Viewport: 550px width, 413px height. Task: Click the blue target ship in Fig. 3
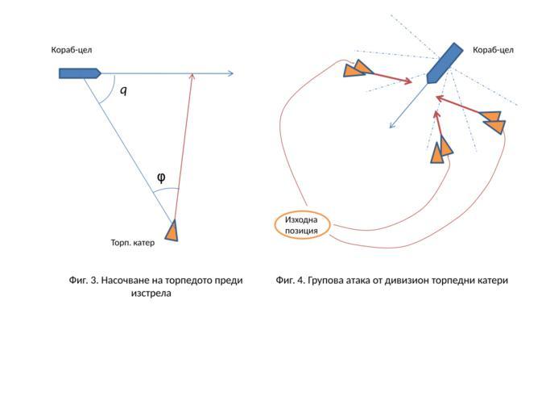coord(79,73)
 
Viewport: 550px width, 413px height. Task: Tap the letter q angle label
coord(123,90)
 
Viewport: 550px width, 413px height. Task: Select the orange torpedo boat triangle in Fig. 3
coord(172,232)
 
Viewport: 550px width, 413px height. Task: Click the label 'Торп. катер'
coord(132,242)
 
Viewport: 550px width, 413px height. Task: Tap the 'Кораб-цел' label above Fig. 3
coord(72,50)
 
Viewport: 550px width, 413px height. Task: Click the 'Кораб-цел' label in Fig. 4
coord(493,50)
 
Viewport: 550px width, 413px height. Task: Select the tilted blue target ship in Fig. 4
coord(443,64)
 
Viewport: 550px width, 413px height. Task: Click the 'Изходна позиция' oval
coord(302,225)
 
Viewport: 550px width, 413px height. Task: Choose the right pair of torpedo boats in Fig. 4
coord(493,122)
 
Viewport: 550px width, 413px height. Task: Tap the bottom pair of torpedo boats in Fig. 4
coord(440,149)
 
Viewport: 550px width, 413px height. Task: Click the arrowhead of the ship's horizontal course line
coord(230,74)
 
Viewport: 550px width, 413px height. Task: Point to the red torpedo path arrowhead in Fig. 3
coord(192,77)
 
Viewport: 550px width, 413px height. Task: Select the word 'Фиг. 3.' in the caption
coord(84,281)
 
